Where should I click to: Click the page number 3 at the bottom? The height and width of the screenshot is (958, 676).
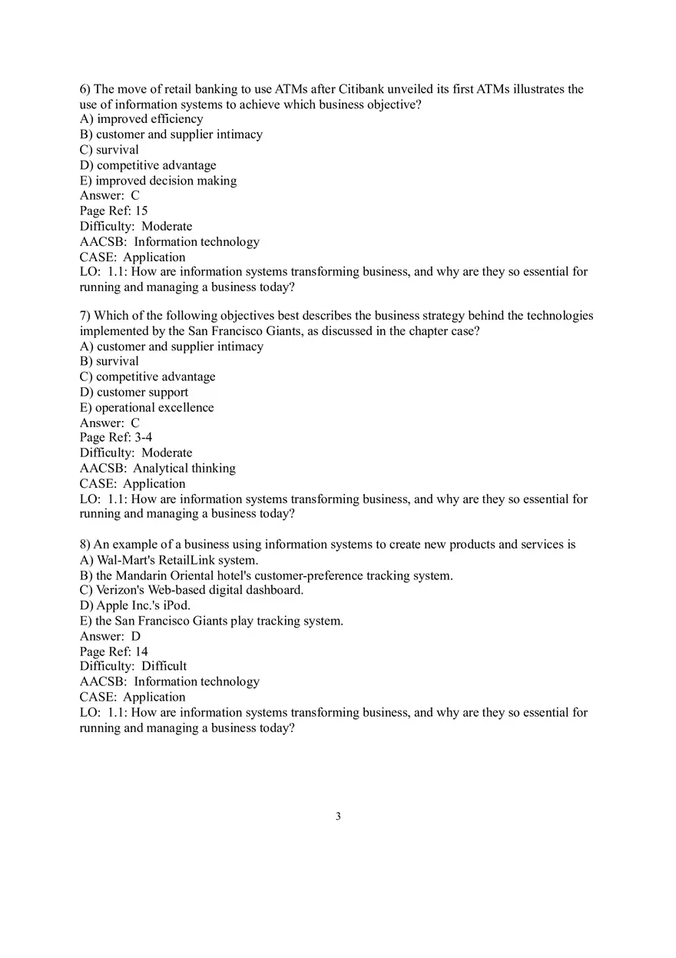(x=338, y=817)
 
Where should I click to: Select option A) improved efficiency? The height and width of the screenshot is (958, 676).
(x=141, y=119)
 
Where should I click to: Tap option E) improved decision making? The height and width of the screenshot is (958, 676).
(x=158, y=181)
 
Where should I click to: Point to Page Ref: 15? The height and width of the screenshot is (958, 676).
(x=114, y=210)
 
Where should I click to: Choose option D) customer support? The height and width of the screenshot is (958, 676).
(x=134, y=392)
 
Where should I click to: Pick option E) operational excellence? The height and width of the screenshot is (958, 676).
(x=147, y=407)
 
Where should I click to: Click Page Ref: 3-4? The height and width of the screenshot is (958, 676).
(x=116, y=437)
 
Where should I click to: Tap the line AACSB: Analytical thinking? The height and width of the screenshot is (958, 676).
(x=157, y=468)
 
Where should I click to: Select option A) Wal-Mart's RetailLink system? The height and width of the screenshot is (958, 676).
(x=169, y=560)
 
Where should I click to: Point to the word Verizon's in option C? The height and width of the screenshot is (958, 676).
(x=119, y=590)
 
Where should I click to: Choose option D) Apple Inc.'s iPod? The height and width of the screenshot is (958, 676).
(x=135, y=605)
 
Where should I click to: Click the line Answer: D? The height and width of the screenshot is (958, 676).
(x=110, y=636)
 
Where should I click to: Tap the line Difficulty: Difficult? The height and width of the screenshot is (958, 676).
(x=133, y=666)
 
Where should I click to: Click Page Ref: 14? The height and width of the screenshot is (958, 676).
(x=114, y=651)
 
